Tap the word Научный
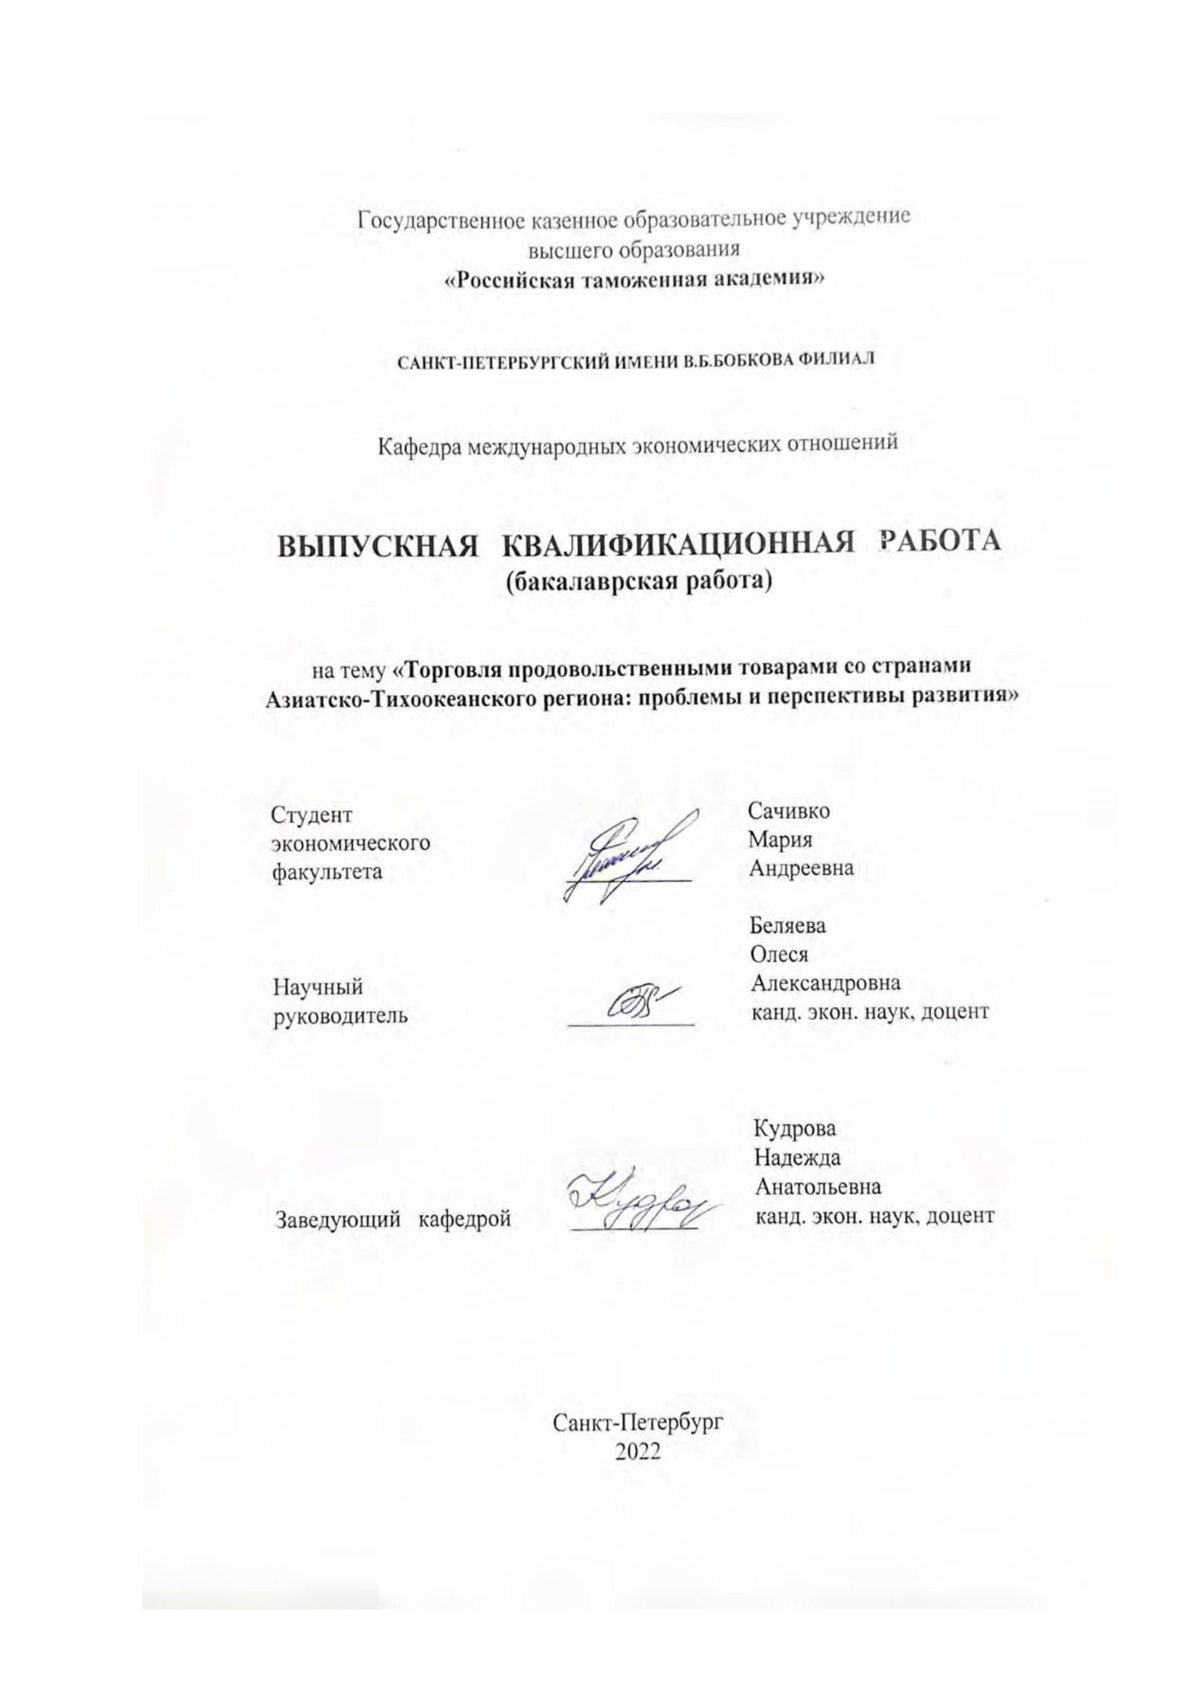point(318,987)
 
